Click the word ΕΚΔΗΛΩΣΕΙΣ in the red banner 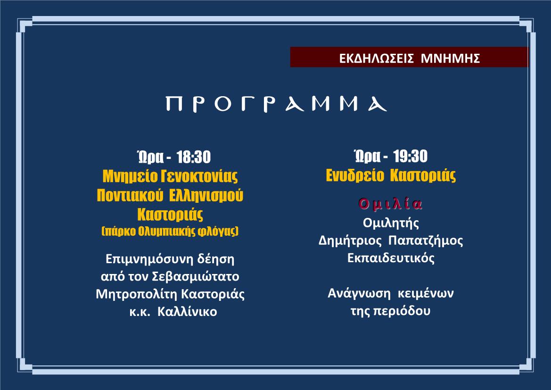(x=376, y=58)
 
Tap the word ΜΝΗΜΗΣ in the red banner (x=451, y=58)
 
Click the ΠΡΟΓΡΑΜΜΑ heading (x=276, y=104)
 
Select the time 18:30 (x=194, y=157)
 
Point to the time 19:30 (x=411, y=157)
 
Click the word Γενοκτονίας (x=199, y=176)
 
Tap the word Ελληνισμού (x=206, y=196)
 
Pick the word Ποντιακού (x=130, y=196)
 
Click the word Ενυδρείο (x=355, y=175)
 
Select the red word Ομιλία (x=390, y=204)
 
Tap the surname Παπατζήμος (x=426, y=241)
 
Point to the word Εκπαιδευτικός (x=391, y=258)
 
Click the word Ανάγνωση (x=359, y=293)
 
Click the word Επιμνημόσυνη (x=148, y=259)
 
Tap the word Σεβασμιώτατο (x=196, y=276)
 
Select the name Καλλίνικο (x=187, y=312)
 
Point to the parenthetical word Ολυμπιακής (x=167, y=232)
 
